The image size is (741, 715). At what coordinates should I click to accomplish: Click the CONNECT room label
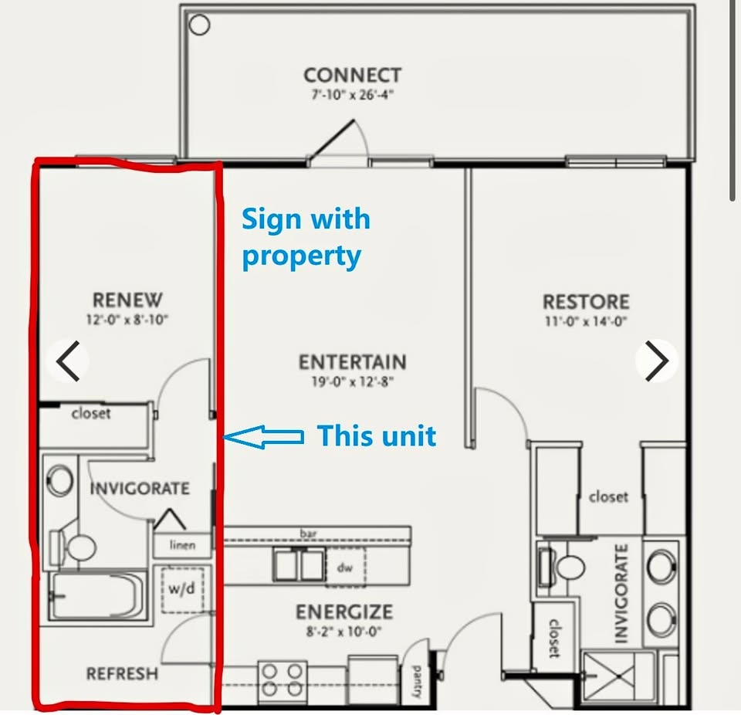coord(353,75)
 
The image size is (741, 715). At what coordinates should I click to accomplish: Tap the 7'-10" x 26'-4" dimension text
coord(353,95)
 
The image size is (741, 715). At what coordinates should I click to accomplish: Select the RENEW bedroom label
coord(127,300)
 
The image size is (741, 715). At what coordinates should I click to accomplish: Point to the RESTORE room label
coord(586,302)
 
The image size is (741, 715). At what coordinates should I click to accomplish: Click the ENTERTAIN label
coord(353,362)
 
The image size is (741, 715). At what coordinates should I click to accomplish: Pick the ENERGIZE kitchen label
coord(344,612)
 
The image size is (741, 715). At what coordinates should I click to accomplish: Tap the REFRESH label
coord(122,673)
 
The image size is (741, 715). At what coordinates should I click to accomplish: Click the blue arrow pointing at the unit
coord(263,436)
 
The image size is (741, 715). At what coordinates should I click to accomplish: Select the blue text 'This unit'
coord(377,435)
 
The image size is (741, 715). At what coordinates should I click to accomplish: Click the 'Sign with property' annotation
coord(306,237)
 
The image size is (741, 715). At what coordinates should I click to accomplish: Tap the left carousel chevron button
coord(68,361)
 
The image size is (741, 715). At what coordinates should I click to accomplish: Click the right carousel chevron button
coord(656,361)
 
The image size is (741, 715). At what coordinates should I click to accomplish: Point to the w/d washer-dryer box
coord(182,590)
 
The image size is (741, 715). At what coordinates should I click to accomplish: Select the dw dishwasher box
coord(346,567)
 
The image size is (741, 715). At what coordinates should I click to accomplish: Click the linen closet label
coord(182,545)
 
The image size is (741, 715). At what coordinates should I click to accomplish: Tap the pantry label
coord(416,682)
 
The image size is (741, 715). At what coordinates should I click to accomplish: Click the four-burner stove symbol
coord(283,680)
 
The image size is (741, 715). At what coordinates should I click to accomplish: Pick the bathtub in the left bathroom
coord(96,595)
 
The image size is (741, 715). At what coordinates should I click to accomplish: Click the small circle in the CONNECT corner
coord(199,25)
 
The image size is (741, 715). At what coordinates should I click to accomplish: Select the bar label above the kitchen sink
coord(308,534)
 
